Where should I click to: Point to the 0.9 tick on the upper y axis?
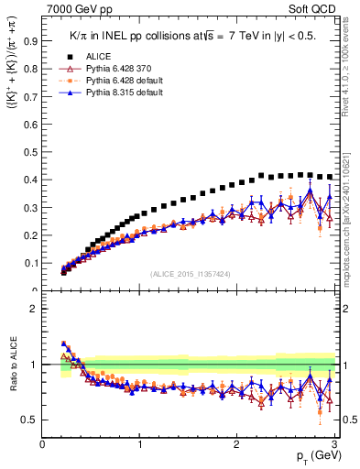(x=31, y=40)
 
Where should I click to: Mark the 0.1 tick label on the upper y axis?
(x=31, y=263)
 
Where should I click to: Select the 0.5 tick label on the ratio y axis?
(x=31, y=420)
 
